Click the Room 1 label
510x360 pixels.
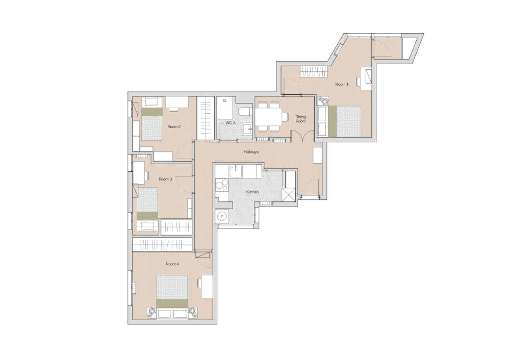coord(342,84)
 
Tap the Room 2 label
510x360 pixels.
coord(174,126)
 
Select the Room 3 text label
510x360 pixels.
coord(165,179)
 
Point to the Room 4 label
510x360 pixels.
coord(172,264)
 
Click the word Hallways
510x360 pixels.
coord(251,152)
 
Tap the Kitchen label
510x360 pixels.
coord(252,192)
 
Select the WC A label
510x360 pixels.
coord(231,123)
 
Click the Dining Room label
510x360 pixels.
coord(300,119)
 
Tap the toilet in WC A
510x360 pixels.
coord(245,112)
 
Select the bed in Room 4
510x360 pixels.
coord(172,291)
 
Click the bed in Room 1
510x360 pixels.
coord(345,121)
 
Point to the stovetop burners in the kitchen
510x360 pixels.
coord(222,187)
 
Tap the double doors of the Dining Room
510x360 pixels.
coord(302,136)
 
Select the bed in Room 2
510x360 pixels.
coord(151,124)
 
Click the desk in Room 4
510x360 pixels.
coord(207,287)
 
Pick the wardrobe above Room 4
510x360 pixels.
coord(163,244)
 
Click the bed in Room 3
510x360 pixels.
coord(147,203)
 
